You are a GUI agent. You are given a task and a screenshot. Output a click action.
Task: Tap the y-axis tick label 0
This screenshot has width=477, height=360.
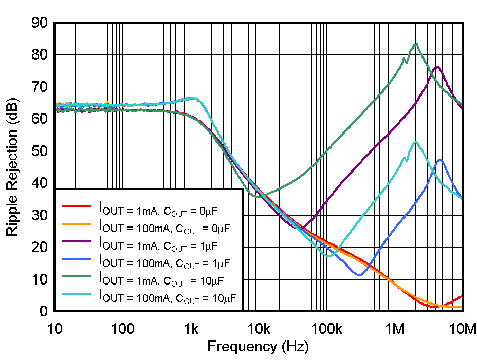coord(44,311)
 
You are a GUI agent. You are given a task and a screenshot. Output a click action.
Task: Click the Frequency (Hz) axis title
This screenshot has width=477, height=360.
coord(258,347)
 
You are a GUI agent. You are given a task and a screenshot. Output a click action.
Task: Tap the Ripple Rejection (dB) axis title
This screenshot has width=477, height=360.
coord(12,167)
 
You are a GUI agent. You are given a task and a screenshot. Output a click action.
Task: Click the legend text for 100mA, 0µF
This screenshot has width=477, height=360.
coord(163,226)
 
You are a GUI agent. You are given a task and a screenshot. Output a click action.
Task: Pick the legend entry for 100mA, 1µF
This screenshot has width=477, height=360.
coord(163,262)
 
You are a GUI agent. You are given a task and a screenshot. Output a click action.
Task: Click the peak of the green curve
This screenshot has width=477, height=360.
coord(416,44)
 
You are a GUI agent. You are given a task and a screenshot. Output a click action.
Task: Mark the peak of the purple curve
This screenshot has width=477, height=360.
coord(437,67)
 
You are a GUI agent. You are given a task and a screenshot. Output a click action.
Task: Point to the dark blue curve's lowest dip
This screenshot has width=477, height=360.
coord(360,275)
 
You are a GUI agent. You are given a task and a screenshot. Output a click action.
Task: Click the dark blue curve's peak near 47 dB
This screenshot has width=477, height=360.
coord(440,160)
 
